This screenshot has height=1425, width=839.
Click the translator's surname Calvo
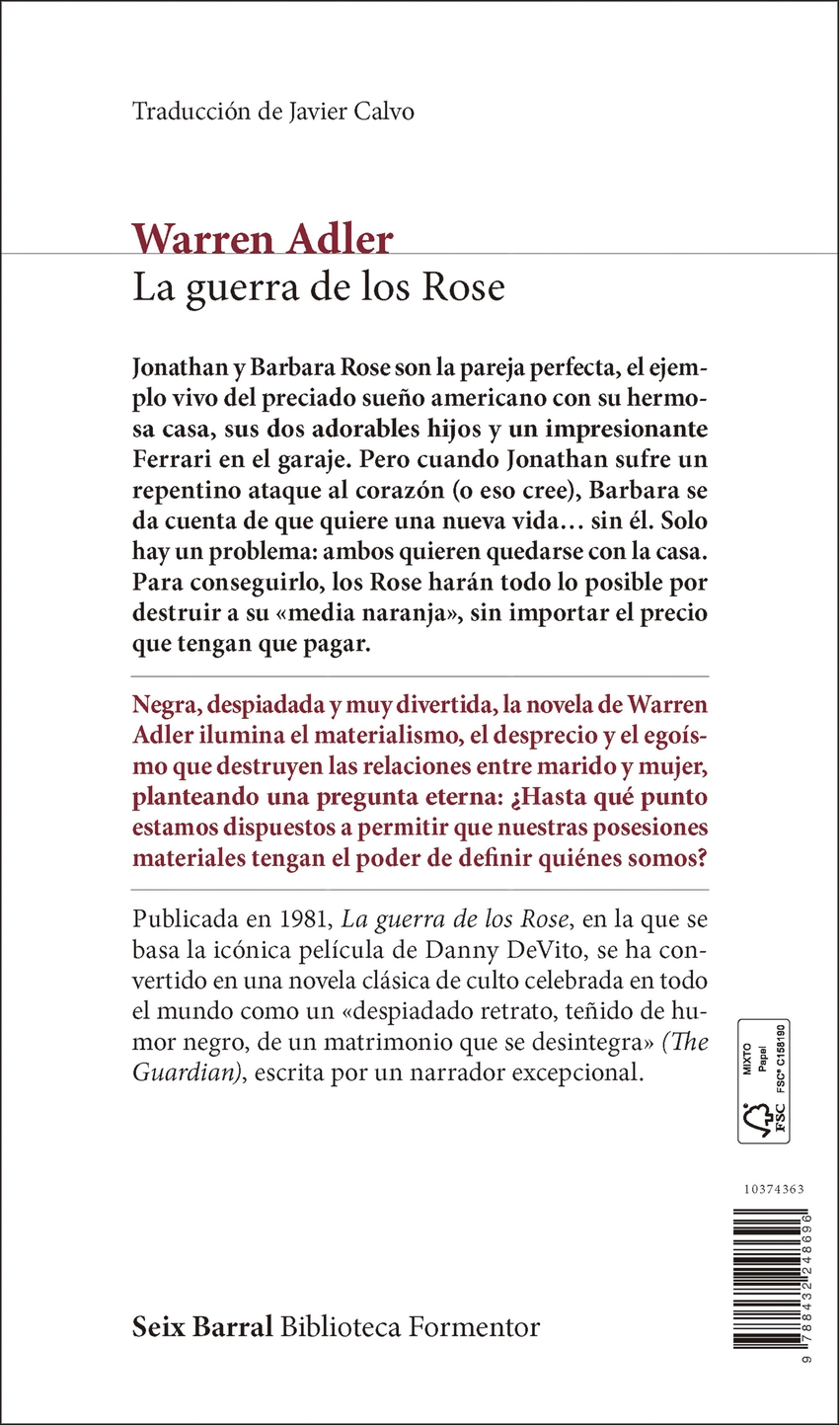point(384,112)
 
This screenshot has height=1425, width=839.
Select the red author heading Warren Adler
point(263,240)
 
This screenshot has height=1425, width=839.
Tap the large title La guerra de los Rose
point(319,287)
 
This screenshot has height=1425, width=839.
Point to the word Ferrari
point(172,460)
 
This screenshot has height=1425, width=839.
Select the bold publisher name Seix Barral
point(202,1327)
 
